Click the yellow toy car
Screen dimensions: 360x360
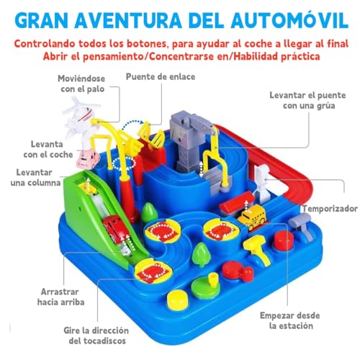[x=253, y=216]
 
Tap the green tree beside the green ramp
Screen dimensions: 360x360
[x=150, y=212]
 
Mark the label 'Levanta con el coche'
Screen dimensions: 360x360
[x=40, y=149]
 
